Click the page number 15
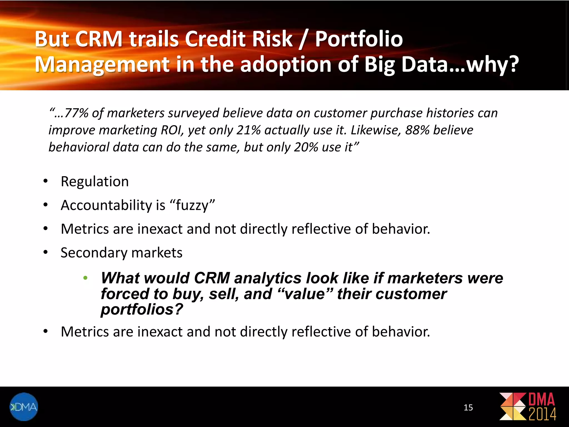coord(468,408)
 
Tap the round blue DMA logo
coord(24,407)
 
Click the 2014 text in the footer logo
coord(542,414)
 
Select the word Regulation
coord(95,182)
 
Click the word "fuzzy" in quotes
coord(192,205)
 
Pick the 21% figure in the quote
coord(248,130)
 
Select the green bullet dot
coord(86,278)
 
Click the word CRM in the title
coord(99,39)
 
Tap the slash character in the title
coord(303,39)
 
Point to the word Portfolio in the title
coord(359,39)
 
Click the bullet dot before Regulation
coord(46,182)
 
